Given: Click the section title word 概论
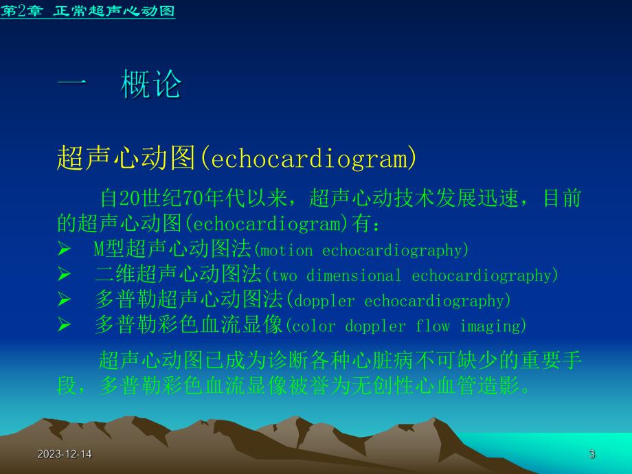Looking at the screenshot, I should (x=151, y=85).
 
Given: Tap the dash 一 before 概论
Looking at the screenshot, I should (x=72, y=85).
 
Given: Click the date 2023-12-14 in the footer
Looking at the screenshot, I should (x=65, y=455).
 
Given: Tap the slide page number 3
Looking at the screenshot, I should (x=591, y=455).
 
